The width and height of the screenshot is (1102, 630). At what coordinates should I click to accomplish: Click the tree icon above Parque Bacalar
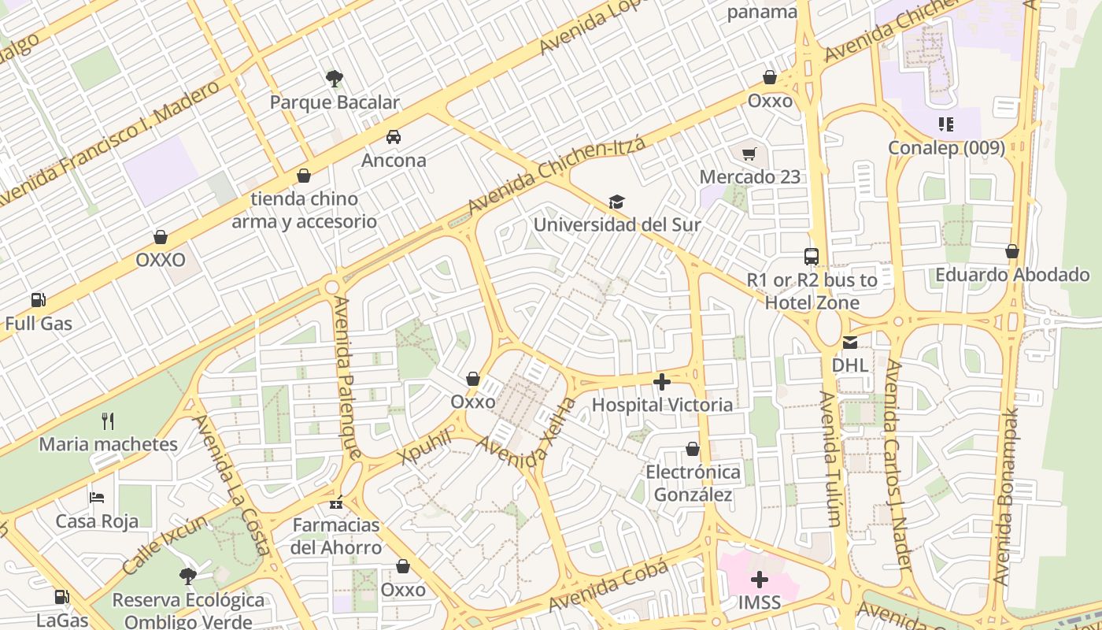335,78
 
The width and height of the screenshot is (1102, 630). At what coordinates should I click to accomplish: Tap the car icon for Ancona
394,136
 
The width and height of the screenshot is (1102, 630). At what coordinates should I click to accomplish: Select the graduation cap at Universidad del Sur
616,202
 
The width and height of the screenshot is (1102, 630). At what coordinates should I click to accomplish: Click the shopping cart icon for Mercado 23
749,153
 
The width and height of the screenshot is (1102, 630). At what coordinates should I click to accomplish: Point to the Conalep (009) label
946,148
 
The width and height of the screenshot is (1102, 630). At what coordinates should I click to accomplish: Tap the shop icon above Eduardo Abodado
1012,251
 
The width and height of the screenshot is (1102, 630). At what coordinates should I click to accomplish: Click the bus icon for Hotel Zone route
812,256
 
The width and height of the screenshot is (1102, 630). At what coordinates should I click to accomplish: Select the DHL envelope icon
850,342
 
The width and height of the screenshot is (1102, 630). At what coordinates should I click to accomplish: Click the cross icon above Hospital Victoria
662,382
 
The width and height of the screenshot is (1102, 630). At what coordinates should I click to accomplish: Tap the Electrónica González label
693,483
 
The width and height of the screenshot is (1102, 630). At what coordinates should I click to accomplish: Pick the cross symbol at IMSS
760,580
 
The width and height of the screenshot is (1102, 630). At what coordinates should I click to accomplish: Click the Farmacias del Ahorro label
336,535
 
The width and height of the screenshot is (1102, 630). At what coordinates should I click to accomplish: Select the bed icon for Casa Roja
97,497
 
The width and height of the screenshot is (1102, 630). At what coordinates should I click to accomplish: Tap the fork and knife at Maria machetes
108,421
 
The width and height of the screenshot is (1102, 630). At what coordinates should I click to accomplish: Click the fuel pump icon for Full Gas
38,300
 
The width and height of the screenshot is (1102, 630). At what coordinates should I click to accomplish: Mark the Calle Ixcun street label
165,544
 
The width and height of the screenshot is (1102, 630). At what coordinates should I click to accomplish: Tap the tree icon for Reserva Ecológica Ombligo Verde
187,576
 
